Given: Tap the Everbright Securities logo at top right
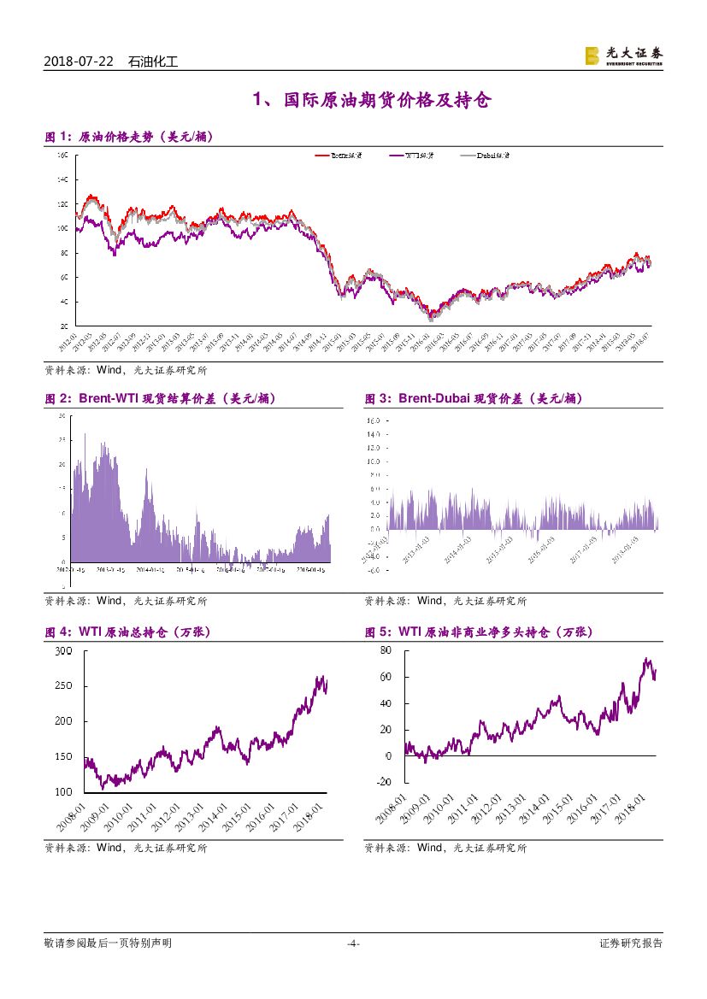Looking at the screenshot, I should coord(623,56).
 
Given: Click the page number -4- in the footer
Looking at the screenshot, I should coord(353,943).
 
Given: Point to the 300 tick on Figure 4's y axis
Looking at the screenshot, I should coord(63,651).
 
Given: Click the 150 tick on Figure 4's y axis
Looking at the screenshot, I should coord(63,757).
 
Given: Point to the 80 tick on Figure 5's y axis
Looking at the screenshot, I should coord(385,650).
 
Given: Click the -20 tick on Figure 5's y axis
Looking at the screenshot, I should coord(383,783).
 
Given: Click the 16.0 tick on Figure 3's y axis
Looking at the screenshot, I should coord(374,420).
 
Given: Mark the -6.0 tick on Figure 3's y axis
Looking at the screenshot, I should coord(374,569).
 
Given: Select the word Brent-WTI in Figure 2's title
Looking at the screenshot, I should coord(109,398).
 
